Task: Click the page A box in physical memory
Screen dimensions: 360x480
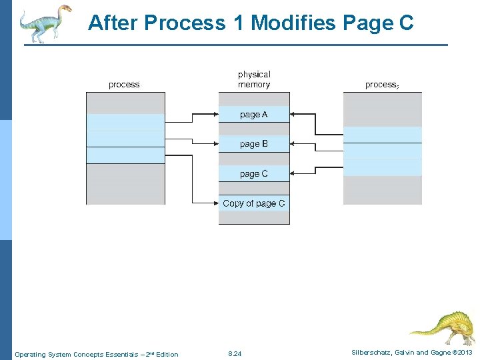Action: pos(254,115)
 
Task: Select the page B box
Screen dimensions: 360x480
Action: pos(254,144)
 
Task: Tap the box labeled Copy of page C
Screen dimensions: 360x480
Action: pos(254,203)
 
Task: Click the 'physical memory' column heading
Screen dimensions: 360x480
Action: pos(254,79)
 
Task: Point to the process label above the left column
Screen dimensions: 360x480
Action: pos(124,85)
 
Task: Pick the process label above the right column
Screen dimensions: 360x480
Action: pos(382,85)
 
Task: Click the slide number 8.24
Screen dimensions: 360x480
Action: pos(235,353)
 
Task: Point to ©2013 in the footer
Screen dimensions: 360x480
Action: pos(461,353)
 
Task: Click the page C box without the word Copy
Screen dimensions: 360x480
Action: pos(254,173)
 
